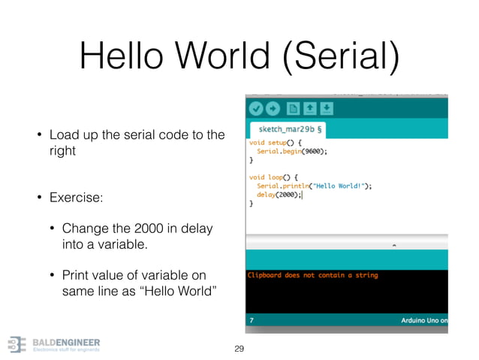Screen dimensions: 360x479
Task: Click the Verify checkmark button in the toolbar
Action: click(x=256, y=108)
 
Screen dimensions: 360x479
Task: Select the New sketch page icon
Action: click(x=292, y=108)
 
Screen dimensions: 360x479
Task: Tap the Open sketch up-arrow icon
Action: click(x=309, y=108)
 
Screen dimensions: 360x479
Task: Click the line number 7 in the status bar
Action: click(x=252, y=320)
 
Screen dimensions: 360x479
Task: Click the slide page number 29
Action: click(x=239, y=349)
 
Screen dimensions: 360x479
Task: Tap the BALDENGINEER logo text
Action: click(x=66, y=342)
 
